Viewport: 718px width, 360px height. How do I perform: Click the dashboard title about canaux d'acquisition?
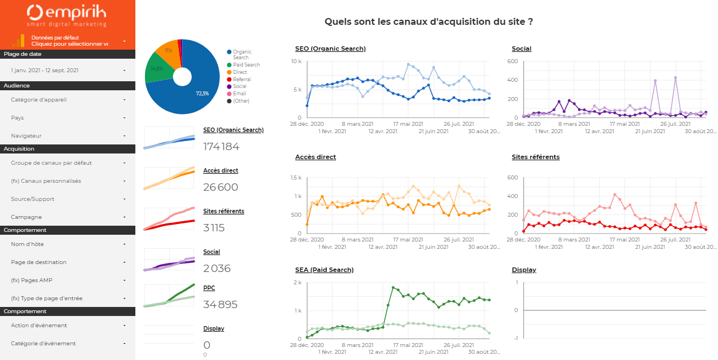click(x=429, y=22)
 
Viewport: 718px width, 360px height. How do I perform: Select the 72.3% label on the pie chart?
click(x=202, y=94)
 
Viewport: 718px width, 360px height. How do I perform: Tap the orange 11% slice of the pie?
click(x=166, y=51)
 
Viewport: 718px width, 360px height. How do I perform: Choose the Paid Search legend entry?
click(x=246, y=65)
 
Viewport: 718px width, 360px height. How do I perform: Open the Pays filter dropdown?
click(x=68, y=118)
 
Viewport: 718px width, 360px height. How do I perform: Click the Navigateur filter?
click(x=68, y=136)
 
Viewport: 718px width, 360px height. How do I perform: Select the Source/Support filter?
click(x=68, y=199)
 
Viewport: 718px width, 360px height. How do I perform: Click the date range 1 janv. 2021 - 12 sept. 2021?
click(x=68, y=71)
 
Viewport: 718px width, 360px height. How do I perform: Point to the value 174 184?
click(x=221, y=147)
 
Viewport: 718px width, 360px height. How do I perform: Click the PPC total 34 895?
click(x=221, y=305)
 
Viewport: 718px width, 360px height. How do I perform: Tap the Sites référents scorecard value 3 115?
click(x=214, y=228)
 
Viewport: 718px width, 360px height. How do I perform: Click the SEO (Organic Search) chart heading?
click(x=330, y=49)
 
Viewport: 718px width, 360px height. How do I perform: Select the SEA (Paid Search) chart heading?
click(x=324, y=270)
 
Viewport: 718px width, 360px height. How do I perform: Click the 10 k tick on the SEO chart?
click(x=297, y=61)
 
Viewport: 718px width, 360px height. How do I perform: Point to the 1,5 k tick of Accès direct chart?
click(x=296, y=178)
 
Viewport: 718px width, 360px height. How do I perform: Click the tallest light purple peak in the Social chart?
click(x=675, y=78)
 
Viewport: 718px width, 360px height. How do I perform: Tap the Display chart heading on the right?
click(x=523, y=270)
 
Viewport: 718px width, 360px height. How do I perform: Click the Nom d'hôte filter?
click(x=68, y=244)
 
